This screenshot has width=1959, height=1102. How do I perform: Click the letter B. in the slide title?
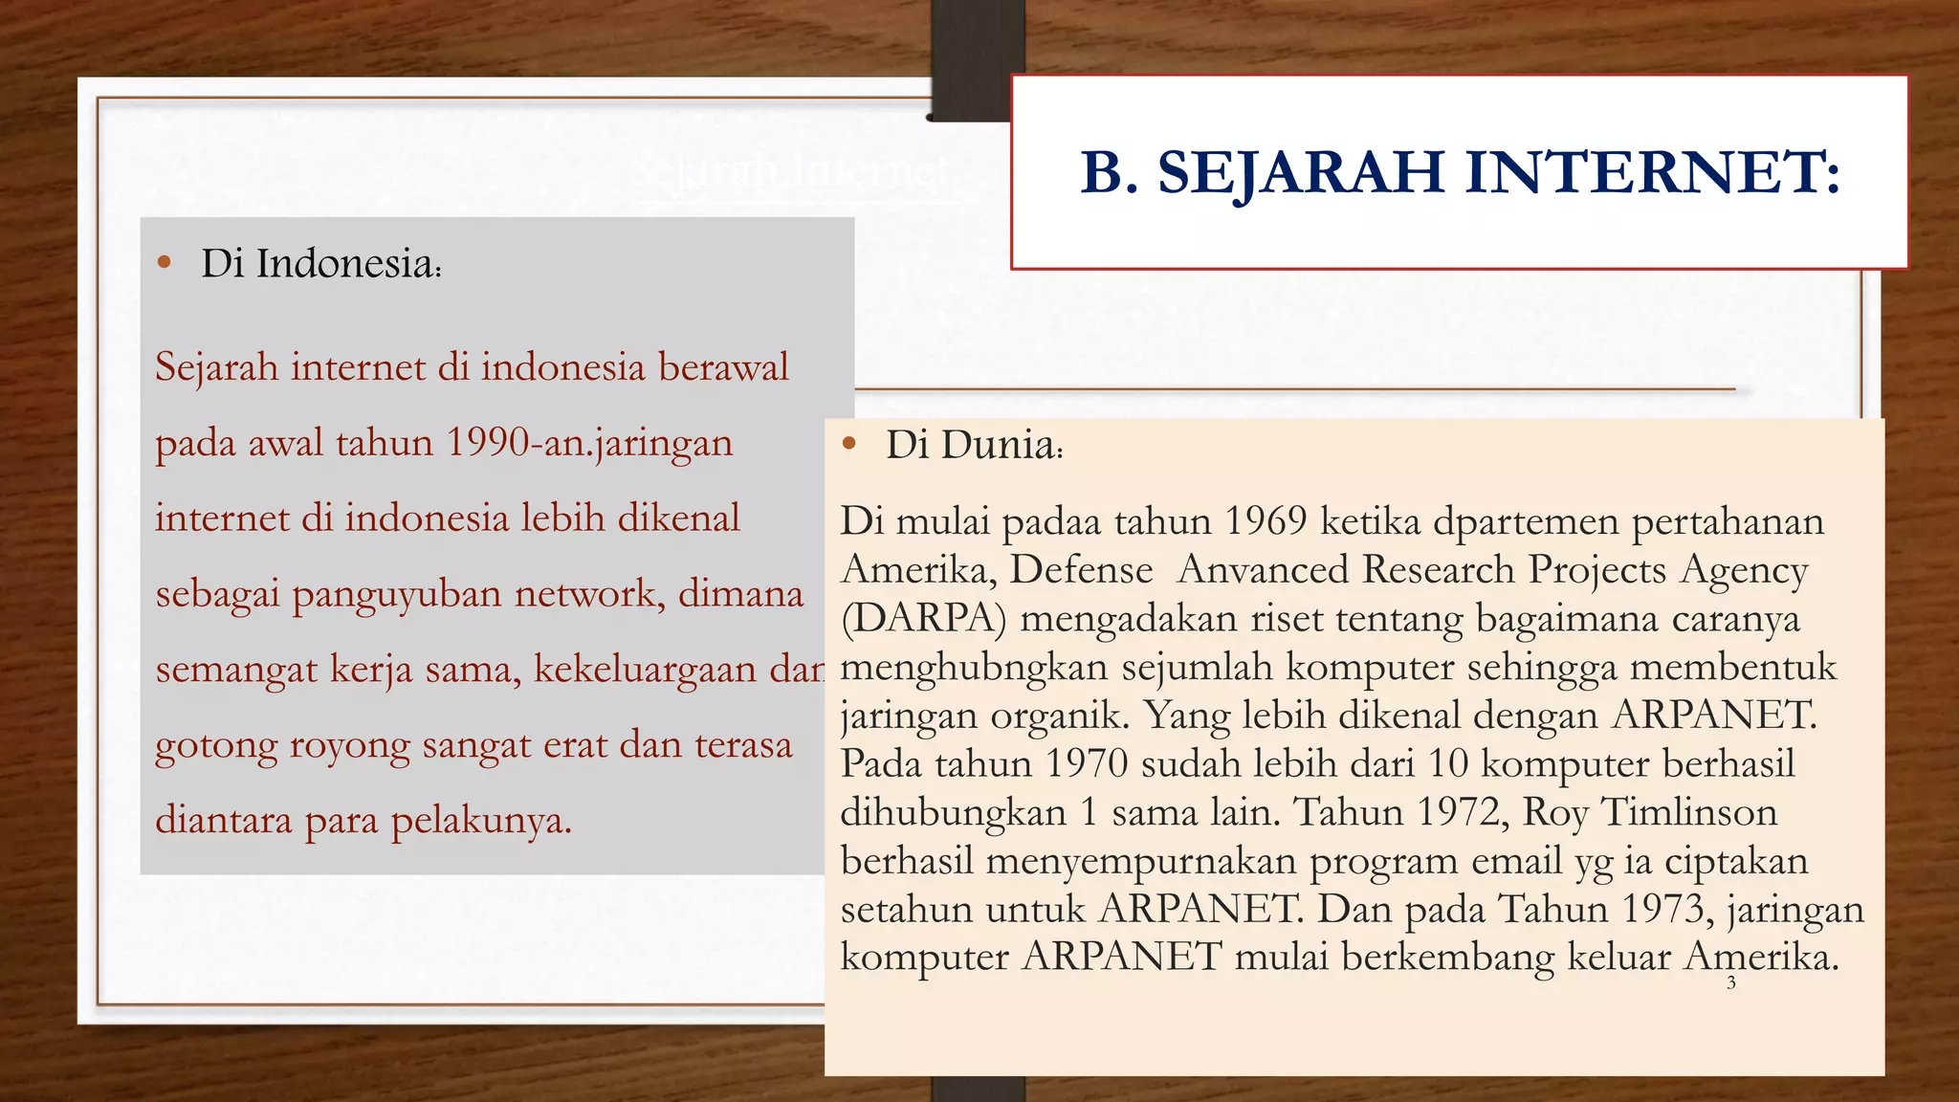pyautogui.click(x=1110, y=173)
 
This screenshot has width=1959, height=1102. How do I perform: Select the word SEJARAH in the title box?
pyautogui.click(x=1301, y=173)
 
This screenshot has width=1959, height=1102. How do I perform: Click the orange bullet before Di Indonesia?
pyautogui.click(x=165, y=262)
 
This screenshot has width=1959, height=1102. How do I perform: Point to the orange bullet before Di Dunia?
pyautogui.click(x=848, y=444)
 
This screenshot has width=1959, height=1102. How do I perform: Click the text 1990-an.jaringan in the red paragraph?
pyautogui.click(x=589, y=443)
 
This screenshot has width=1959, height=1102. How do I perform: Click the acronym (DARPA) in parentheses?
pyautogui.click(x=924, y=619)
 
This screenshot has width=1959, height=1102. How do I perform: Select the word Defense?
pyautogui.click(x=1081, y=570)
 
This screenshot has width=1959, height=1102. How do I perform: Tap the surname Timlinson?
pyautogui.click(x=1688, y=812)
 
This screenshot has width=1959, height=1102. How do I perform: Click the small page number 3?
pyautogui.click(x=1731, y=982)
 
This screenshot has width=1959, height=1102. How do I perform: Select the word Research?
pyautogui.click(x=1439, y=570)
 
